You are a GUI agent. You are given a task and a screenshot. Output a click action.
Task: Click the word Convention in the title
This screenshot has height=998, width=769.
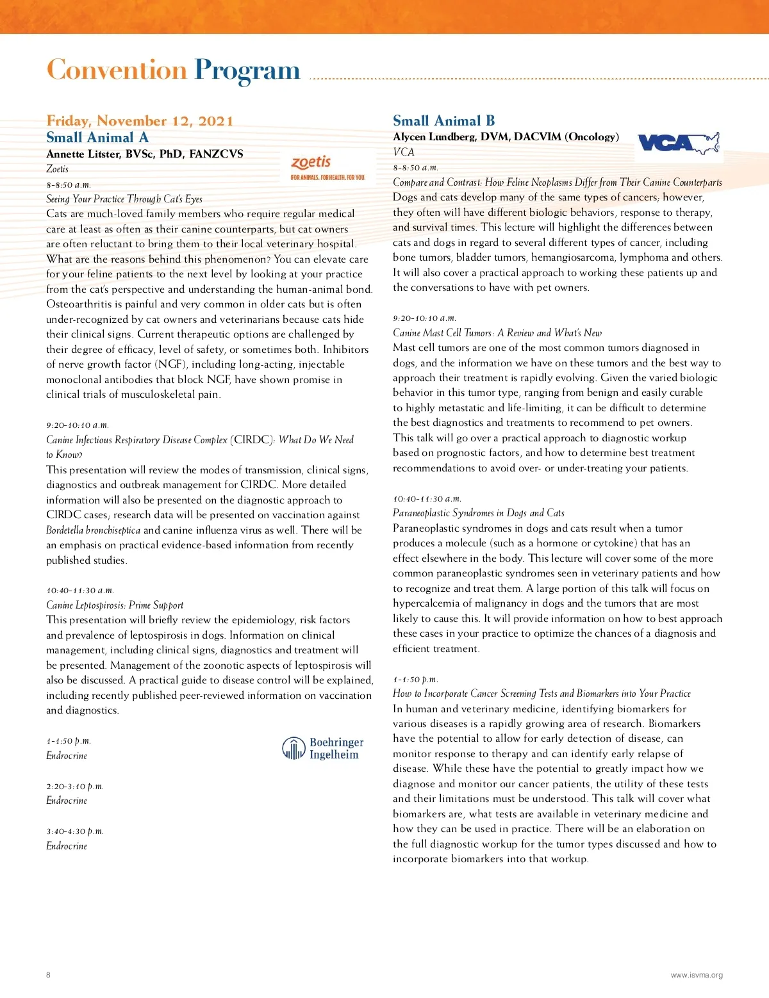117,70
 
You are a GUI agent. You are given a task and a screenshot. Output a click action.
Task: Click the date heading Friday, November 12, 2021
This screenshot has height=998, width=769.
140,120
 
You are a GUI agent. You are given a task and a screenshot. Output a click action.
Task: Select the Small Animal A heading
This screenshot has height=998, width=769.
97,137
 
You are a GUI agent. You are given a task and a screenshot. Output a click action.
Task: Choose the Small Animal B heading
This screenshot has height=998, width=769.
443,120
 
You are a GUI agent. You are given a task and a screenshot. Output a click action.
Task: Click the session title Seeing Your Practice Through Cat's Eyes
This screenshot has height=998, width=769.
124,199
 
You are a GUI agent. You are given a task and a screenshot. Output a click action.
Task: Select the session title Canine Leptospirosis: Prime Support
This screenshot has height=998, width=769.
115,605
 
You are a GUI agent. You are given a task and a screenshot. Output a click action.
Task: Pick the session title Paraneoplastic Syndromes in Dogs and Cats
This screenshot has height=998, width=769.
479,512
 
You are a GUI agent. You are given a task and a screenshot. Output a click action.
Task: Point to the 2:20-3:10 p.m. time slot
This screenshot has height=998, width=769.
75,786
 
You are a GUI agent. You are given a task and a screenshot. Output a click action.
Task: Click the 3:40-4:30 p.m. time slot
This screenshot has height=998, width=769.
75,831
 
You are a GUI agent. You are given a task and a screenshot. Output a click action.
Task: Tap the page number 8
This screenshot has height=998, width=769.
48,975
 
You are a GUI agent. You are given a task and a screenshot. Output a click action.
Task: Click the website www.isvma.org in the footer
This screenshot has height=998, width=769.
697,975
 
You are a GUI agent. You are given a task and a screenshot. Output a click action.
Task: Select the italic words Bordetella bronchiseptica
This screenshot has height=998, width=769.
93,530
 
